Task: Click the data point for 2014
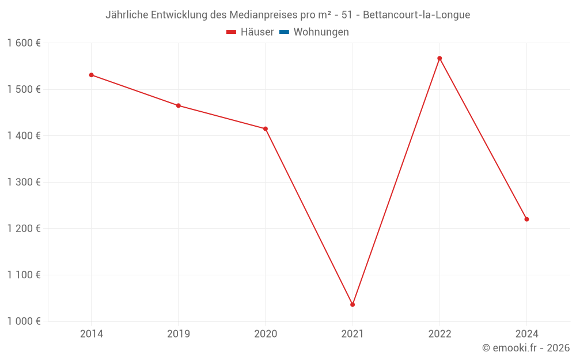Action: [91, 75]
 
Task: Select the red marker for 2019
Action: [179, 105]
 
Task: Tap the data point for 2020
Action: [266, 128]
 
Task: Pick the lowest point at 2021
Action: [353, 304]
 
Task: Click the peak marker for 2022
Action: [439, 58]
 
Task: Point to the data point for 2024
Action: [526, 219]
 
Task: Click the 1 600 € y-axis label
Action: [24, 43]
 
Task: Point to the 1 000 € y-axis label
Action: [24, 321]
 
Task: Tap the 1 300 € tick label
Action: [24, 182]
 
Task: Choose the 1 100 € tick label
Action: [24, 275]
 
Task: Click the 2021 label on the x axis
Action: [353, 334]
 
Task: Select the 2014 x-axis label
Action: [91, 334]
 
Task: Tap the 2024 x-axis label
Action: [526, 334]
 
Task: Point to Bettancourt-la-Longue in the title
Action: [416, 15]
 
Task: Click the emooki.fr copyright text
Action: [526, 348]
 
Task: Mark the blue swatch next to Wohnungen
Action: [284, 32]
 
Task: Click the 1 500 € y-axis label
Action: [24, 89]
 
